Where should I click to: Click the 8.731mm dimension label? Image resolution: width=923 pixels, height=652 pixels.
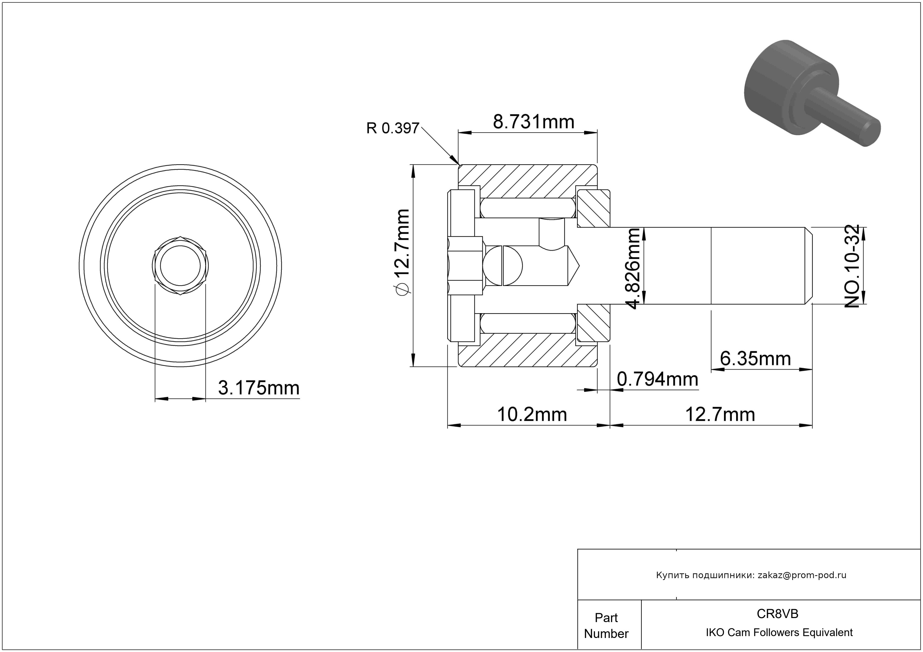pyautogui.click(x=533, y=122)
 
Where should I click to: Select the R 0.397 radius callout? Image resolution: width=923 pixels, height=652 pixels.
pyautogui.click(x=393, y=128)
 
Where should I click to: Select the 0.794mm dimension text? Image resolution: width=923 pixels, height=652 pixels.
pyautogui.click(x=657, y=379)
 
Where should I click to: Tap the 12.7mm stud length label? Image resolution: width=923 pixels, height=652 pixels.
pyautogui.click(x=720, y=414)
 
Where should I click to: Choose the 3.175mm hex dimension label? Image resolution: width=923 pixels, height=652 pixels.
pyautogui.click(x=259, y=388)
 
